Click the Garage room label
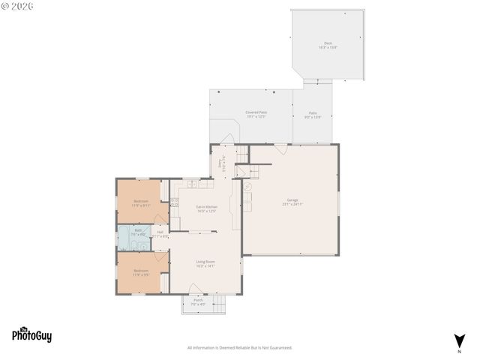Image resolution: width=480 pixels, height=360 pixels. pyautogui.click(x=292, y=202)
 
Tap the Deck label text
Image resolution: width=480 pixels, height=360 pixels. pyautogui.click(x=327, y=45)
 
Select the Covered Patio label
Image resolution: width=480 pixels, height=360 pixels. pyautogui.click(x=256, y=114)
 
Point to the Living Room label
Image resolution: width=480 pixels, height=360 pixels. pyautogui.click(x=205, y=263)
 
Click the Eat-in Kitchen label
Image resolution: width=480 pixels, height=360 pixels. pyautogui.click(x=206, y=208)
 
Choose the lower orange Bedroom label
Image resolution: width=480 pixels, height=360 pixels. pyautogui.click(x=141, y=272)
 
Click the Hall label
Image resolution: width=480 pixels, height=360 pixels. pyautogui.click(x=160, y=234)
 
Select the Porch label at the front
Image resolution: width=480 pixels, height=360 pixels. pyautogui.click(x=198, y=302)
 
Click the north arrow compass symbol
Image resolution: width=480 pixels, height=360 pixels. pyautogui.click(x=458, y=340)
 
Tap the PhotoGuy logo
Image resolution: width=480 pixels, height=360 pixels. pyautogui.click(x=31, y=335)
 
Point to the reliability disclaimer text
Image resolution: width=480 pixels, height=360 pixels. pyautogui.click(x=239, y=348)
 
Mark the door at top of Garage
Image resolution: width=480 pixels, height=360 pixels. pyautogui.click(x=280, y=149)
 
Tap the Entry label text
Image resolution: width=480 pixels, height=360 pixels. pyautogui.click(x=220, y=161)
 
